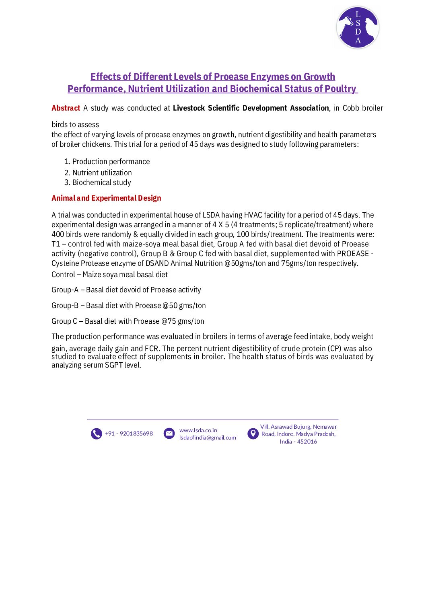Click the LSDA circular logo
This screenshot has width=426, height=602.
coord(358,27)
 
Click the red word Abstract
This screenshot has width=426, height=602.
coord(66,108)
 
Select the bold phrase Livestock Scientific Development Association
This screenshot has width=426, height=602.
coord(251,108)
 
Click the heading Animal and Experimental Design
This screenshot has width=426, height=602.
coord(106,198)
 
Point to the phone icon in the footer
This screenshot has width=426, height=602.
coord(97,434)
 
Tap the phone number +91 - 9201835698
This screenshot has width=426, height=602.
coord(129,434)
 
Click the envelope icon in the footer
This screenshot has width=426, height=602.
coord(169,434)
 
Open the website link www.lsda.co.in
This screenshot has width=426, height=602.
coord(198,430)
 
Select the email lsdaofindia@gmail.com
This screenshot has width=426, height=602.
coord(208,438)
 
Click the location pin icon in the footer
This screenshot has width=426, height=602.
coord(253,434)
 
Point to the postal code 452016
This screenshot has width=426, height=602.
coord(307,442)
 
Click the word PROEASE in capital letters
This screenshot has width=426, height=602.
coord(353,254)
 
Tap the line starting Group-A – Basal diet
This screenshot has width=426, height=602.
coord(126,290)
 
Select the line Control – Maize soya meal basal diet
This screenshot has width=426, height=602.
coord(109,275)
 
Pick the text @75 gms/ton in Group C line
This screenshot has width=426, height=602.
coord(183,321)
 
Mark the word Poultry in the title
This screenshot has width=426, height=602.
coord(340,89)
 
